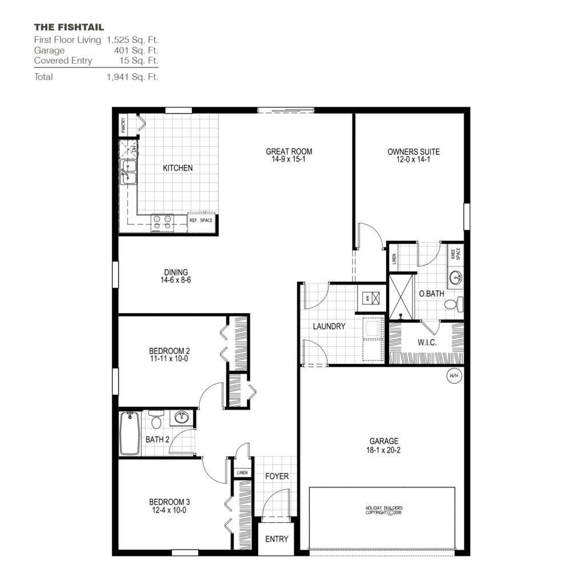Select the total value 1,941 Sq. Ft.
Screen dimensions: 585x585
(x=132, y=77)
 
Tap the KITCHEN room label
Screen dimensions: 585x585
(x=178, y=168)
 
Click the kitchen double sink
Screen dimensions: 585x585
(x=129, y=172)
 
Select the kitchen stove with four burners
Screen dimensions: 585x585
(x=162, y=222)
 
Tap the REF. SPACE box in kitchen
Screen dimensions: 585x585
(x=201, y=220)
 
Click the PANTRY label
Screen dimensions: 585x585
(x=123, y=125)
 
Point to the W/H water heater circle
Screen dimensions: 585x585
(x=454, y=376)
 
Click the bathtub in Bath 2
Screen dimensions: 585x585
(x=130, y=433)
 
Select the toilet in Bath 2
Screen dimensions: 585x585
(x=155, y=420)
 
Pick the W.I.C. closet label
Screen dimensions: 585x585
(x=426, y=343)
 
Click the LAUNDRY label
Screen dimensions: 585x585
(x=329, y=326)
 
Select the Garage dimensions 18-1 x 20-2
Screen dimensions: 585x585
(x=383, y=450)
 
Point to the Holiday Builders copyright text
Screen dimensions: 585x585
(x=388, y=510)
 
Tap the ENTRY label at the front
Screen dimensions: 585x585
(x=277, y=539)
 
